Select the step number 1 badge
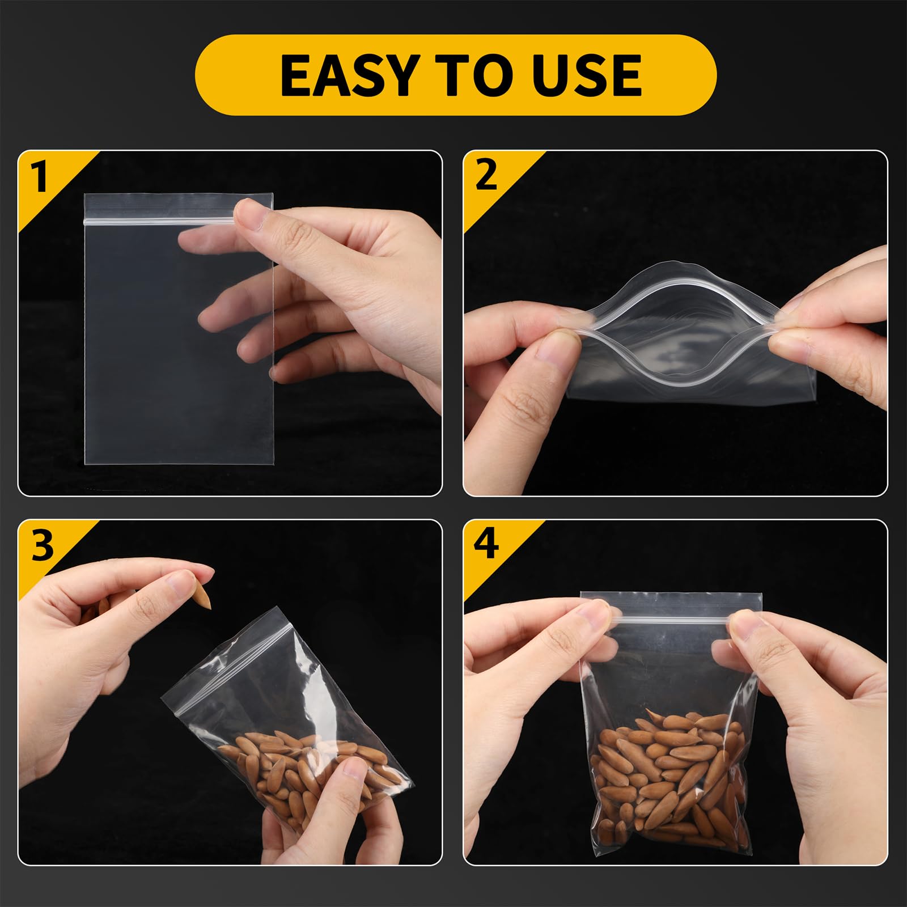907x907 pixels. click(39, 176)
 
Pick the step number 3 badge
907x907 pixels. click(41, 545)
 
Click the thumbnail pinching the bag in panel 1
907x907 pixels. click(249, 211)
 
